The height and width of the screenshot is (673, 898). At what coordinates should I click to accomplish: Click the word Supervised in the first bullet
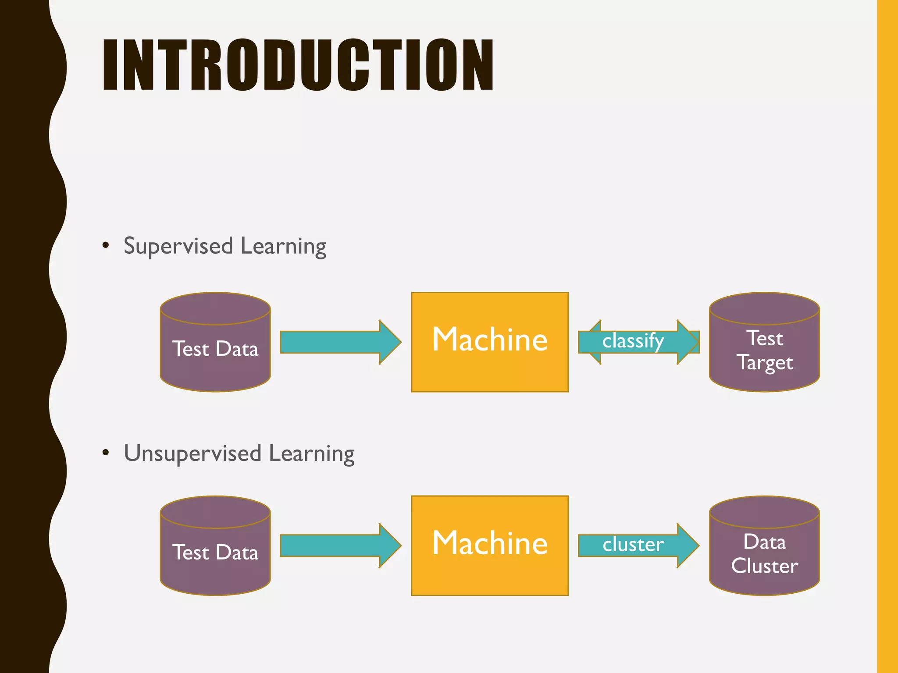pyautogui.click(x=178, y=246)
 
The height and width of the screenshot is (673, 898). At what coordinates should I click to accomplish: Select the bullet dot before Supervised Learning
pyautogui.click(x=105, y=245)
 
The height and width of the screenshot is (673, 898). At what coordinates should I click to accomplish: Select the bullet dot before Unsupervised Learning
pyautogui.click(x=105, y=453)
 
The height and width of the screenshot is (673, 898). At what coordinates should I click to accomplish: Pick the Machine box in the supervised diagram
pyautogui.click(x=490, y=342)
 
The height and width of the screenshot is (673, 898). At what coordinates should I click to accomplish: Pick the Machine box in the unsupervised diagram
pyautogui.click(x=490, y=546)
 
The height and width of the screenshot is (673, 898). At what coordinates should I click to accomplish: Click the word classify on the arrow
pyautogui.click(x=633, y=341)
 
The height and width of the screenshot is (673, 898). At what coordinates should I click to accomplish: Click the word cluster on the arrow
pyautogui.click(x=633, y=545)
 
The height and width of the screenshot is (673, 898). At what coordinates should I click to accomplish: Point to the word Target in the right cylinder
pyautogui.click(x=765, y=363)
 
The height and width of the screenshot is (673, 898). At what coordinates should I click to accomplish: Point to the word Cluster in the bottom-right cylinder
pyautogui.click(x=765, y=566)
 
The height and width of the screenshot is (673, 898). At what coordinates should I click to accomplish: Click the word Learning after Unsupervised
pyautogui.click(x=312, y=453)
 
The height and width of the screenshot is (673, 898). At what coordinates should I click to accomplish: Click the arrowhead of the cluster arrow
pyautogui.click(x=688, y=545)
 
